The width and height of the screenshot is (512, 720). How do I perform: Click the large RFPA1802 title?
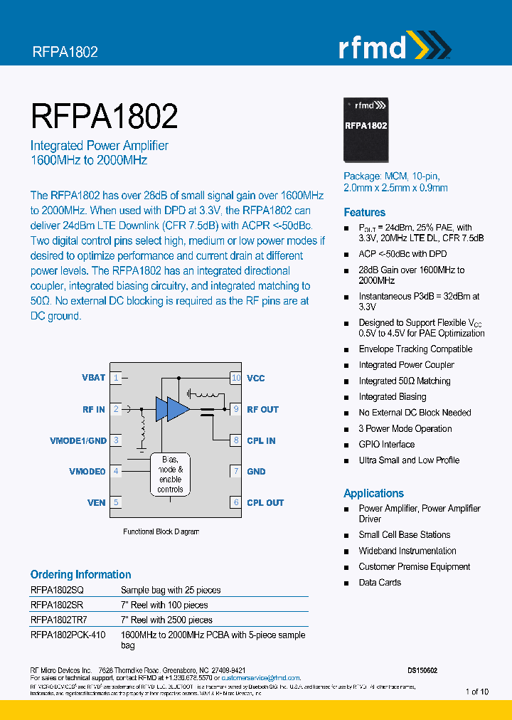coord(104,116)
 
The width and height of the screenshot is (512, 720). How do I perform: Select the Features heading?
coord(364,212)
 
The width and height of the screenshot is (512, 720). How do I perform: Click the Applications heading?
coord(373,493)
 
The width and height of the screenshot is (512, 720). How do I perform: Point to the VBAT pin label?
coord(94,378)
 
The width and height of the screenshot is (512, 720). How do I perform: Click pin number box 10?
coord(236,378)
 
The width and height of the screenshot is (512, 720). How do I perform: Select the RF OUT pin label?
coord(262,409)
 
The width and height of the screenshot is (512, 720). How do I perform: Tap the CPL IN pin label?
coord(261,440)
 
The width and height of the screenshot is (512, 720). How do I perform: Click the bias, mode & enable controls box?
coord(171,474)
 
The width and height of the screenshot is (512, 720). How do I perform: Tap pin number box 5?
coord(116,502)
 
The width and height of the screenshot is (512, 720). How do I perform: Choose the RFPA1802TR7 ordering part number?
coord(59,620)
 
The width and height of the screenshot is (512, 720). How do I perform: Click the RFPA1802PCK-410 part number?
coord(68,635)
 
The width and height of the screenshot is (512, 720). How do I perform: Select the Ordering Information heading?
coord(80,574)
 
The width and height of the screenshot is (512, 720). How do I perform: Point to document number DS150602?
coord(422,670)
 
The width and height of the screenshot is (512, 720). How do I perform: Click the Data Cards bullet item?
coord(380,582)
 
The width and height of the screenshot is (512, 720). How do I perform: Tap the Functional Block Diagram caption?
coord(161,531)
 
